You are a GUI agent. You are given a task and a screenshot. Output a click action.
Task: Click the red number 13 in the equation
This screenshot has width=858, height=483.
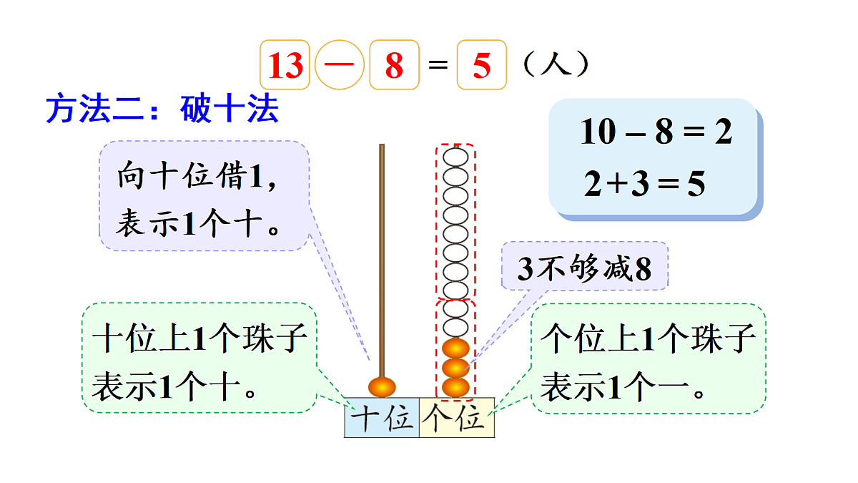[285, 66]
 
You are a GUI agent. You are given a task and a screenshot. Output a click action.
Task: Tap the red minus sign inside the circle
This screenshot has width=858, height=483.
[339, 65]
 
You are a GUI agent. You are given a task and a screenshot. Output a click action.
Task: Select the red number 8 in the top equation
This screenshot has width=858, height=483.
[394, 66]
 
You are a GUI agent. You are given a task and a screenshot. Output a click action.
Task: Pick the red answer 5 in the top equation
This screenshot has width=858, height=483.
[481, 66]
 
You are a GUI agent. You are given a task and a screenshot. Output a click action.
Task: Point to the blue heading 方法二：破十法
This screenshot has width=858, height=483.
[162, 109]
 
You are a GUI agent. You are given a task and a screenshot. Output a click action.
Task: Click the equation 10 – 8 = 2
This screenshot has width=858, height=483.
[656, 132]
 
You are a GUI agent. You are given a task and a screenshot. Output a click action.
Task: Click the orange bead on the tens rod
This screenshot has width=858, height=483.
[382, 386]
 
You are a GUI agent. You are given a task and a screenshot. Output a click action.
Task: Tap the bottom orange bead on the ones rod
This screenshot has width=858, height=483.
[455, 387]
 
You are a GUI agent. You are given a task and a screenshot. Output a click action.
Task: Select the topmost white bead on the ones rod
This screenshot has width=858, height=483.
[455, 156]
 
